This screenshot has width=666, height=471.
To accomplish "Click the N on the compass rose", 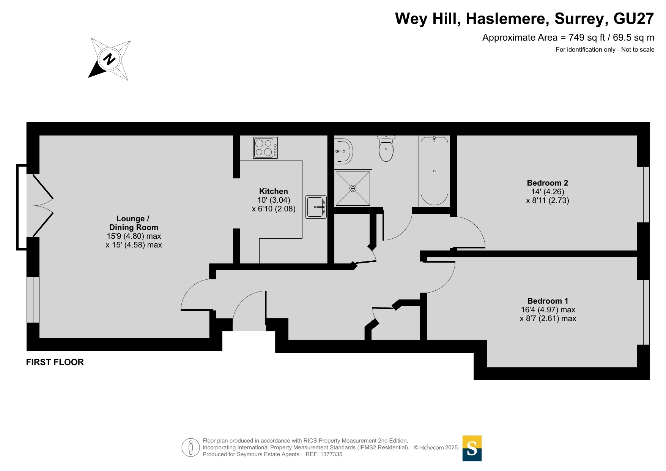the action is (x=109, y=59).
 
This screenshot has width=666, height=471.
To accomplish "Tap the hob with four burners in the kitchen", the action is (x=265, y=148).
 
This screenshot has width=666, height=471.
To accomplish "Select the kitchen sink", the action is (x=316, y=207).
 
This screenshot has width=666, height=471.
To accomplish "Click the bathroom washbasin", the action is (x=344, y=151).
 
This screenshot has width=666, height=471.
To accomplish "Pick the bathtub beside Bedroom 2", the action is (x=435, y=171).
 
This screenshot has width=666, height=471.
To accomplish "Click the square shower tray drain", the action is (x=353, y=188).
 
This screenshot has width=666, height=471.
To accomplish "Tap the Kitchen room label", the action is (x=274, y=191).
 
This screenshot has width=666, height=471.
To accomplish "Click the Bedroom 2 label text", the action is (x=548, y=183).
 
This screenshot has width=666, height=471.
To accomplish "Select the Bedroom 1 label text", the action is (x=548, y=301).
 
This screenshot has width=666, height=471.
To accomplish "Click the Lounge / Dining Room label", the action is (x=134, y=223).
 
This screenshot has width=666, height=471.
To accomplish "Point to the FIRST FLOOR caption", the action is (x=55, y=362).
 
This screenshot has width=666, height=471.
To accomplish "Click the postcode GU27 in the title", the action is (x=634, y=19).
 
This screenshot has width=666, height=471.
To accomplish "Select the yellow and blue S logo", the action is (x=472, y=448).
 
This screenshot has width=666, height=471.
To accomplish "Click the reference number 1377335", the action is (x=331, y=454).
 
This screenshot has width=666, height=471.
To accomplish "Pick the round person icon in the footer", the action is (x=191, y=447).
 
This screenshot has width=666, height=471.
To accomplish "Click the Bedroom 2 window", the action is (x=643, y=194).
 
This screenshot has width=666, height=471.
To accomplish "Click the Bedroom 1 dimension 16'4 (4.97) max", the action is (x=548, y=310).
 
